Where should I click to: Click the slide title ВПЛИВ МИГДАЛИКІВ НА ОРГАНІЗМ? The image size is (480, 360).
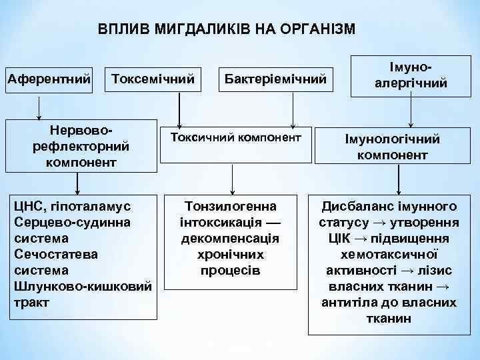coord(227,29)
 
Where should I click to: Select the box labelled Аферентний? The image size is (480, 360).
coord(49,79)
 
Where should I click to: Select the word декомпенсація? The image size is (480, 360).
coord(231,239)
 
